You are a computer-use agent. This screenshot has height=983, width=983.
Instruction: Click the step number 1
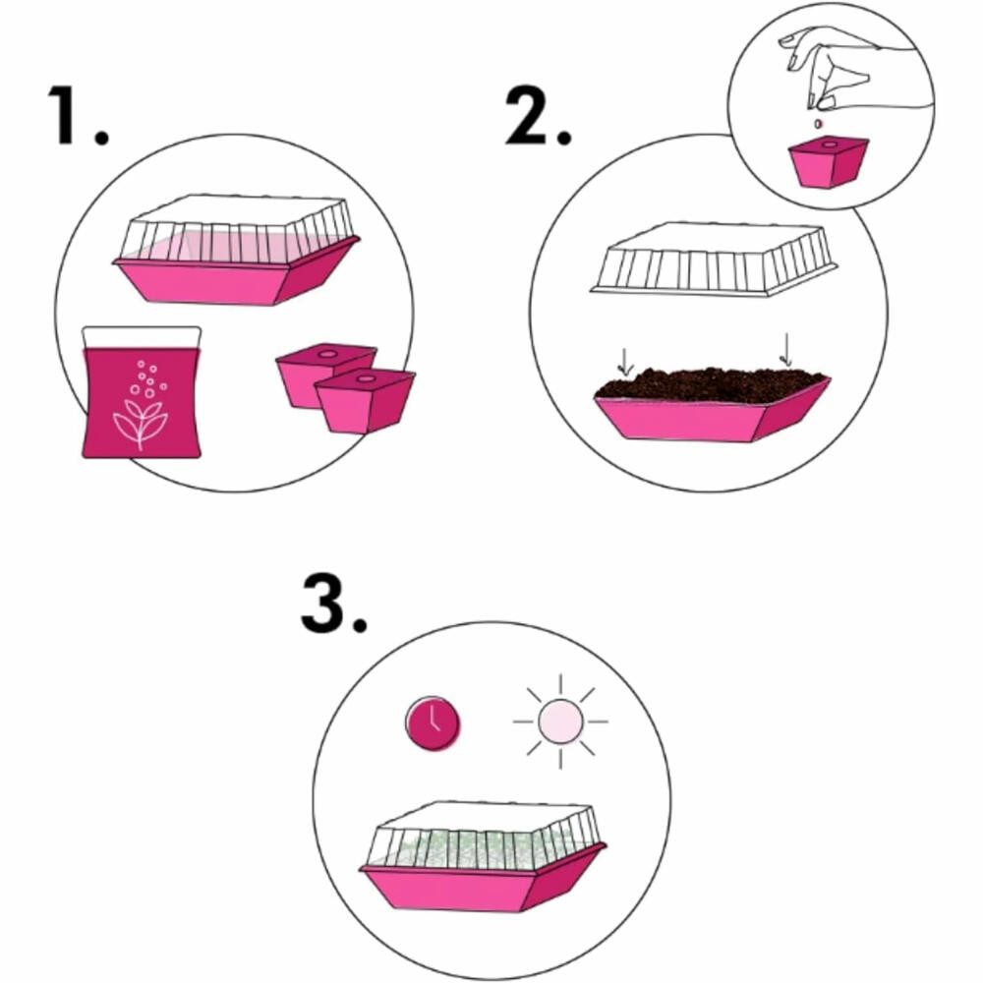[78, 116]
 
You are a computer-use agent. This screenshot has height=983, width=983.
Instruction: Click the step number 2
[539, 116]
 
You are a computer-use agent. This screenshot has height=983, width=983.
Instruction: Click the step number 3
[333, 604]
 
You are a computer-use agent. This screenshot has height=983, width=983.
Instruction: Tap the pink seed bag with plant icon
[142, 392]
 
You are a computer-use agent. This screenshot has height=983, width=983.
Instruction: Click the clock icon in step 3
[433, 723]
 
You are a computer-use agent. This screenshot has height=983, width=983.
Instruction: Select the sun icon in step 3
[560, 722]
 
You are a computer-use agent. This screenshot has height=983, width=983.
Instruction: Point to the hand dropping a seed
[852, 68]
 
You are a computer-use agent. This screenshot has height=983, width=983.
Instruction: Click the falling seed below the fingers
[817, 124]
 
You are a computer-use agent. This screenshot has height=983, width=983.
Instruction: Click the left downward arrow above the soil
[625, 362]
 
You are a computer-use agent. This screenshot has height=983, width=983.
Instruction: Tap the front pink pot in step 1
[365, 401]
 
